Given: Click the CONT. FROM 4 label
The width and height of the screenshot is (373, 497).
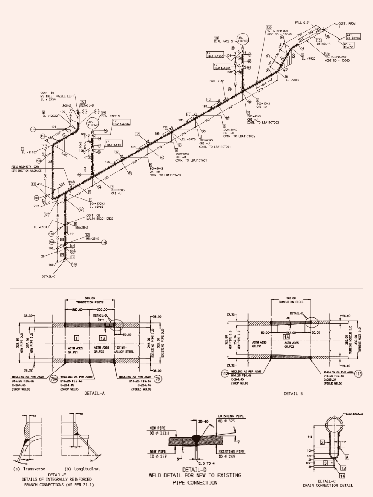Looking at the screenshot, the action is coord(347,25).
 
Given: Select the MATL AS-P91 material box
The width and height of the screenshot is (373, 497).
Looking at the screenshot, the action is coord(349,45).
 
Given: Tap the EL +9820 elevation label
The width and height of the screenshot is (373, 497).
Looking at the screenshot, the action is coord(308,58).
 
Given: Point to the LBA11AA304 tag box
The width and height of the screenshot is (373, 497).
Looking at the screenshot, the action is coord(121,122).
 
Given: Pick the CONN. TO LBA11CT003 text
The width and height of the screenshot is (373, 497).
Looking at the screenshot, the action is coord(263,122).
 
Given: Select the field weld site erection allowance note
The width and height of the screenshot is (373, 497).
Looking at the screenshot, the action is coord(26,169).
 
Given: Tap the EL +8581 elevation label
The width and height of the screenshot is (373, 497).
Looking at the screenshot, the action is coord(40,227).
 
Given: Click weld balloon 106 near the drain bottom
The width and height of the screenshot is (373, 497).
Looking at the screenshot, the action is coord(74,264).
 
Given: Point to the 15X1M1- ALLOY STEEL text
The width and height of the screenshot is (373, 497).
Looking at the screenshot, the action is coord(124,349).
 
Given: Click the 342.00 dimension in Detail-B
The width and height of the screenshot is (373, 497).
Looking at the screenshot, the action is coord(291,298).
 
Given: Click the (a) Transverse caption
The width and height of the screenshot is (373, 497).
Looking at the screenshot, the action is coord(30,469).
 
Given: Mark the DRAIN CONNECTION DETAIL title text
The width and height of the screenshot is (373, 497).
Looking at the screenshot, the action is coord(328,485).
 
